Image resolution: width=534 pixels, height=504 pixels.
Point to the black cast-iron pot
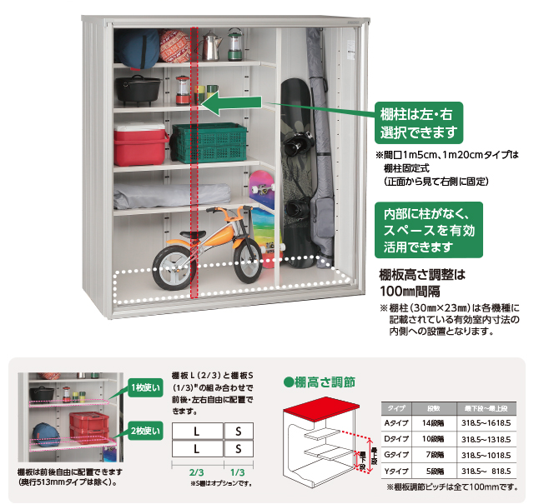[x=138, y=90]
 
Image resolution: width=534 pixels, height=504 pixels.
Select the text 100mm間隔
[x=410, y=291]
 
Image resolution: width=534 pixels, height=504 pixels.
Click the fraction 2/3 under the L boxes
[x=197, y=471]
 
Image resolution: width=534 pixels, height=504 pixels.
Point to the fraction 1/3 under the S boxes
[x=237, y=471]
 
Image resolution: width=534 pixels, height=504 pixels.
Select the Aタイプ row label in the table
[x=395, y=424]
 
